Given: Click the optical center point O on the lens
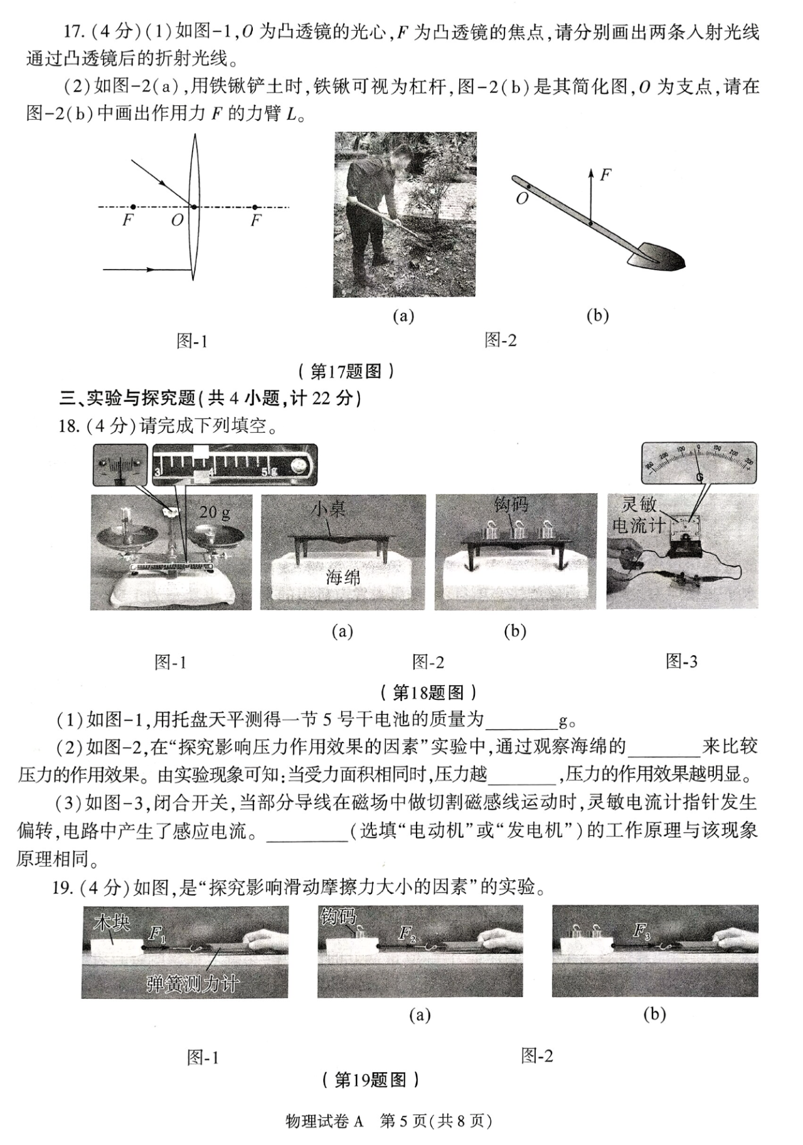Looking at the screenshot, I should (x=194, y=206).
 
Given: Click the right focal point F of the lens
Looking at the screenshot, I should (x=255, y=207).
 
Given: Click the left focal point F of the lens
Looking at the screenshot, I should (x=133, y=206).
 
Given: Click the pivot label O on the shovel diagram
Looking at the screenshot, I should (x=522, y=199).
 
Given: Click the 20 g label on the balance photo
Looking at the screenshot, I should (x=215, y=512).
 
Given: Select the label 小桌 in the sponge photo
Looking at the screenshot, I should (x=329, y=509).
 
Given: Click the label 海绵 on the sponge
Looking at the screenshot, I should (x=343, y=577).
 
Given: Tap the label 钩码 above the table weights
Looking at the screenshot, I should (x=511, y=504).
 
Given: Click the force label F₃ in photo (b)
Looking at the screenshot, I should (x=641, y=931).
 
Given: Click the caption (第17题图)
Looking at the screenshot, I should (x=346, y=371).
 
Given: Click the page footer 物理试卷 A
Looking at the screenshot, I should (x=324, y=1121).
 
